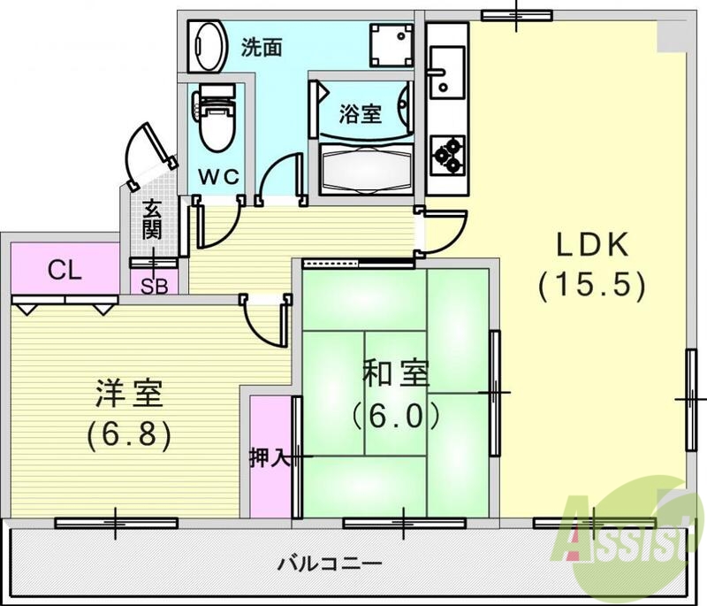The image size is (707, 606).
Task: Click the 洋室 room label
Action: coord(129,393)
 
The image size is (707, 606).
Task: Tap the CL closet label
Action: coord(65,270)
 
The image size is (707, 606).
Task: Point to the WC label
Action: coord(217,175)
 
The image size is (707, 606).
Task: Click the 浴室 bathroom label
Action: coord(361,113)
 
